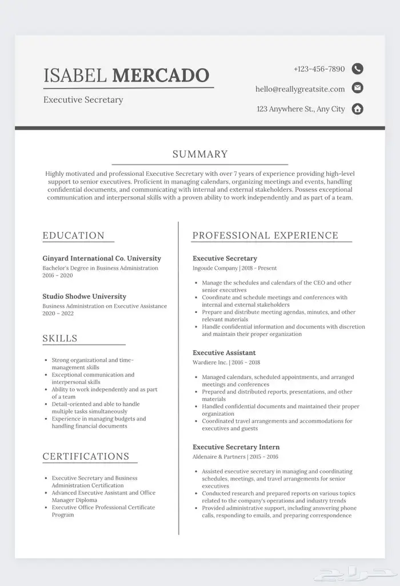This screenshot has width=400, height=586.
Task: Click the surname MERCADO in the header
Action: tap(161, 75)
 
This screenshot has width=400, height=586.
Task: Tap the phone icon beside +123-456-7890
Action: tap(358, 69)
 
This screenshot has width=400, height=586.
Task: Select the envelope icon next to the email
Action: tap(358, 88)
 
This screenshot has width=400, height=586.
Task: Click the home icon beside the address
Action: tap(358, 109)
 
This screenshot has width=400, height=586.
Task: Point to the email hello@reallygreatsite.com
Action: tap(300, 89)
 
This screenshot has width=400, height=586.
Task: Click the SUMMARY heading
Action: tap(200, 154)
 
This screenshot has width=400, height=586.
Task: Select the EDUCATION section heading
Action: tap(74, 235)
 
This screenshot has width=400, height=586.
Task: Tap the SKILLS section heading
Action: tap(60, 338)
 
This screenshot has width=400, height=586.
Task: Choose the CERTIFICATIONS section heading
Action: tap(86, 456)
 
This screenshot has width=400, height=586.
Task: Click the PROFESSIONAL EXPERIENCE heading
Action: tap(265, 235)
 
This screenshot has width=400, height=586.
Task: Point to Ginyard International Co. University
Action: tap(102, 258)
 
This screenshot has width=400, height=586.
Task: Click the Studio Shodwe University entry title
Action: tap(84, 296)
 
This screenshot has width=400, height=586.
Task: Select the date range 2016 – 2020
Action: tap(58, 275)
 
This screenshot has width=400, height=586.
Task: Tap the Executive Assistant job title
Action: tap(224, 352)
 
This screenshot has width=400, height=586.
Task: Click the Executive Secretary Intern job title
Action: tap(236, 447)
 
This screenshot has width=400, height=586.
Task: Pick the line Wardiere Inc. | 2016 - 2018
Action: tap(226, 362)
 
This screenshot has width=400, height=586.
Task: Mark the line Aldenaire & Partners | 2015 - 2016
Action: tap(235, 456)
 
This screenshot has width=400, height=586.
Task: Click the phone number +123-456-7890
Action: tap(319, 69)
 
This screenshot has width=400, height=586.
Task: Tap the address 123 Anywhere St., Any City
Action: tap(301, 109)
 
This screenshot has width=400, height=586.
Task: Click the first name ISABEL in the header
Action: tap(75, 75)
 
